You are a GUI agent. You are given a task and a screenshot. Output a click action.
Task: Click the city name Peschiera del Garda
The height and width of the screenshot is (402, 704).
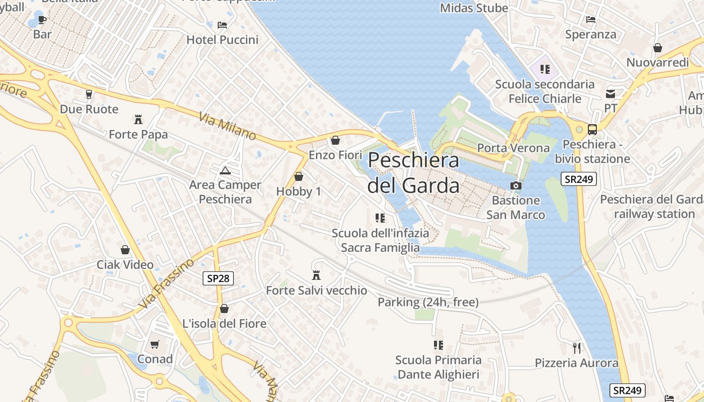coord(413,173)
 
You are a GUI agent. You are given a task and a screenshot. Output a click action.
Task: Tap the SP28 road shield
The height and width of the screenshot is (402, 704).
coord(219,278)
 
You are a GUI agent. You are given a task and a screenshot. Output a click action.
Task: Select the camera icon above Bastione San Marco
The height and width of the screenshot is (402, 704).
coord(515,185)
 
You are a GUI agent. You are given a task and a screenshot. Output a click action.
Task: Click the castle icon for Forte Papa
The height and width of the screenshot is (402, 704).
coord(138,120)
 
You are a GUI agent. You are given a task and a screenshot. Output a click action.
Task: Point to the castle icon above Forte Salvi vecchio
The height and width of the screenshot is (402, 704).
coord(316,275)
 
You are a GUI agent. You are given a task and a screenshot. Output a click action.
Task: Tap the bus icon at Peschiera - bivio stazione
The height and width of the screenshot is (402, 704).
coord(592,130)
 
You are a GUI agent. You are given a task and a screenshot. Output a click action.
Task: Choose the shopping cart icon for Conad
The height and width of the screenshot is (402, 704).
coord(155,344)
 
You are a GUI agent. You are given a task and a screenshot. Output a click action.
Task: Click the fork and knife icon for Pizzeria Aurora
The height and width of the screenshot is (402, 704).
coord(577,348)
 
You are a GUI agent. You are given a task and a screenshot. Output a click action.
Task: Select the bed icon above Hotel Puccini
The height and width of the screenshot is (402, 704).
coord(222,25)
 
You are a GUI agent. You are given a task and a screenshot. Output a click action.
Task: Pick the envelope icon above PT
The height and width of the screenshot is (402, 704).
coord(610,93)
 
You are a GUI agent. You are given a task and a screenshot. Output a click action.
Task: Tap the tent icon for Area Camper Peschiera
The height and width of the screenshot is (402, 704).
coord(225,170)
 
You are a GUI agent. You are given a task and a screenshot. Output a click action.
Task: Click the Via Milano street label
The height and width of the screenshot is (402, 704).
coord(227,127)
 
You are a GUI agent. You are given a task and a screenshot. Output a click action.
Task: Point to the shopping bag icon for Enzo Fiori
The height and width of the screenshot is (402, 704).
coord(335,140)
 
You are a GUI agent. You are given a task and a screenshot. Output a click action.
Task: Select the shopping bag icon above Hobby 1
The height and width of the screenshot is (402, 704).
coord(299,176)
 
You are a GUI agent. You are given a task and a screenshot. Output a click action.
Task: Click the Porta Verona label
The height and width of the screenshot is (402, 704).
coord(513,148)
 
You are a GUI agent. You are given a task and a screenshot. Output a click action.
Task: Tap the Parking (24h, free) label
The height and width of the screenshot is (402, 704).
coord(428,302)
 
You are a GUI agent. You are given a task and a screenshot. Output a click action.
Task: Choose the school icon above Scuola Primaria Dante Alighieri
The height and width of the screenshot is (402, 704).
coord(438,345)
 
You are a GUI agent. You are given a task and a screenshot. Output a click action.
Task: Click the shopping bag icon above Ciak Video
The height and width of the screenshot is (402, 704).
coord(125,250)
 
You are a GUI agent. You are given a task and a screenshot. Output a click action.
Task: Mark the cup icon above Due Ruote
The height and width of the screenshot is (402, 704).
coord(89,94)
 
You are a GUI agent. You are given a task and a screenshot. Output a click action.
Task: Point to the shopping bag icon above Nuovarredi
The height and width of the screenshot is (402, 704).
coord(657,48)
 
